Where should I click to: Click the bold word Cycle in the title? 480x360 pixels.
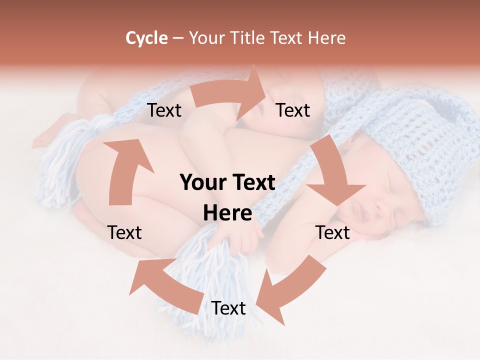(x=146, y=38)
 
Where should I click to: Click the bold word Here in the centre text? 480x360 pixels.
(x=227, y=213)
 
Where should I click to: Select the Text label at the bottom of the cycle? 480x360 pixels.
(x=228, y=308)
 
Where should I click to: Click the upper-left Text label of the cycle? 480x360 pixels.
(x=164, y=110)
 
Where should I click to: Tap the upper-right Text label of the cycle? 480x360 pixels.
(x=293, y=110)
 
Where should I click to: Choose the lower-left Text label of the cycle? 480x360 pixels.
(x=124, y=232)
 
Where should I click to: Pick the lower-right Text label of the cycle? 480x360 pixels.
(x=332, y=232)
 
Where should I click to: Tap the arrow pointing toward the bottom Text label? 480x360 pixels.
(x=290, y=287)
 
